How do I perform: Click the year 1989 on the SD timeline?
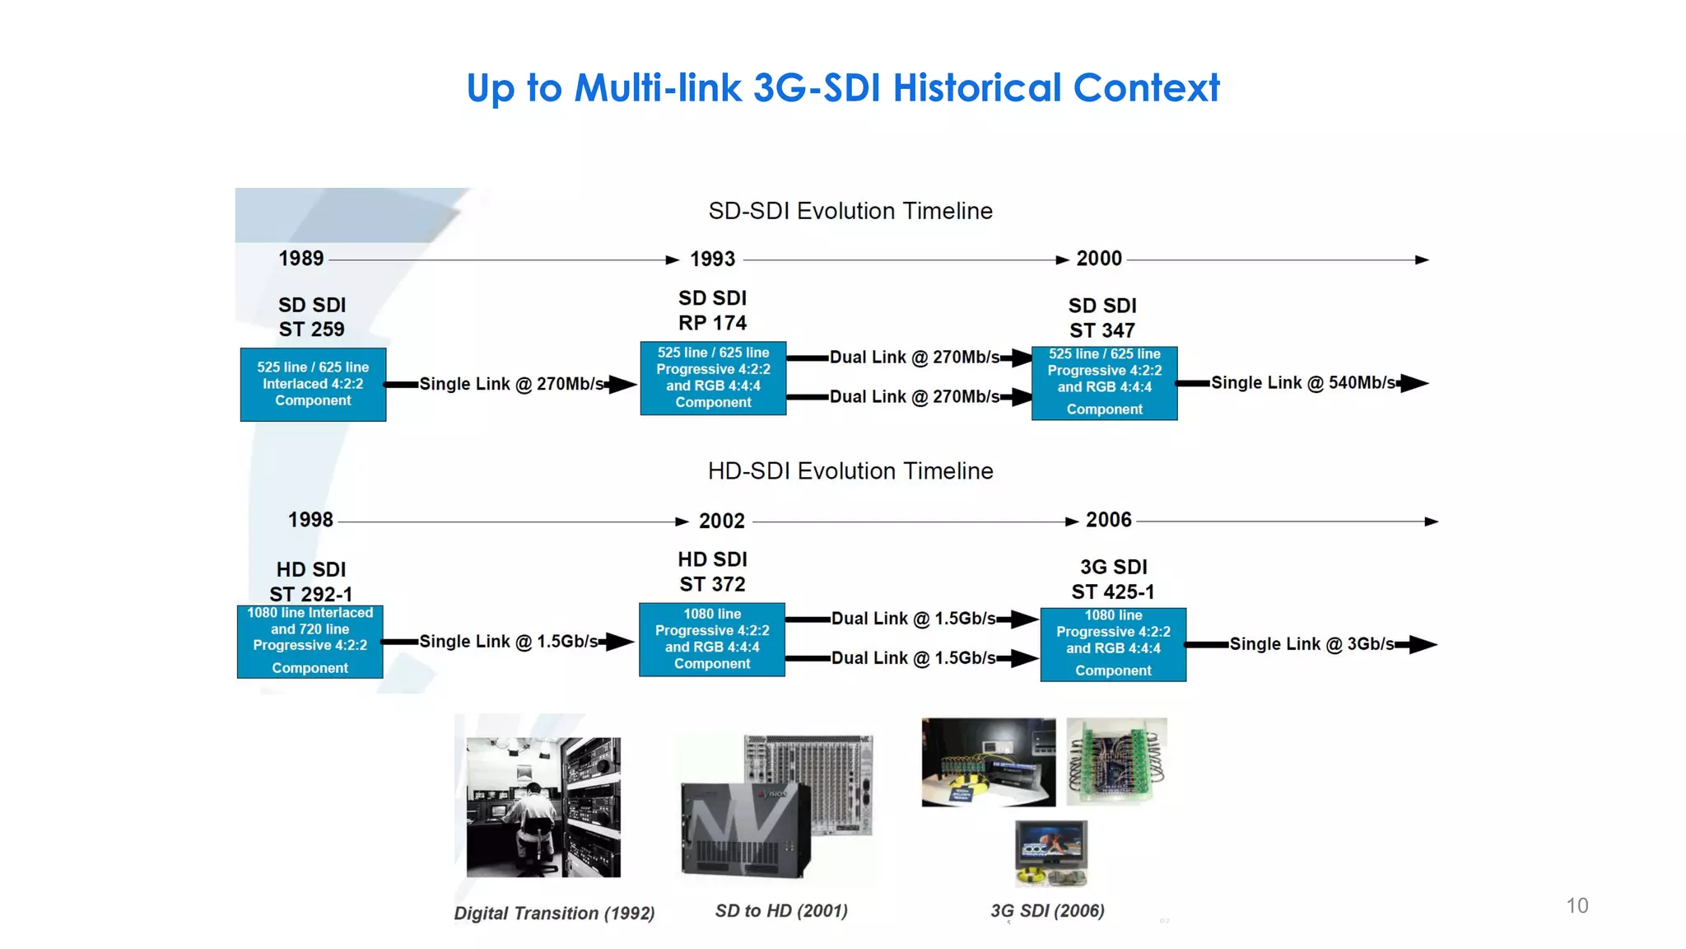click(301, 259)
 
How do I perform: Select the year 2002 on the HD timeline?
click(721, 521)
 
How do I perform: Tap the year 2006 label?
click(1108, 520)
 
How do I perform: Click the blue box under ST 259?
click(313, 384)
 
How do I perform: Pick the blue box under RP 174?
click(713, 377)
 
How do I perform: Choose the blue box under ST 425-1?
click(1113, 644)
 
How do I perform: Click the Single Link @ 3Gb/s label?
click(1311, 644)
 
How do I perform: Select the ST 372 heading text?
click(712, 584)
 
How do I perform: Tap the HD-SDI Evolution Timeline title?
click(850, 471)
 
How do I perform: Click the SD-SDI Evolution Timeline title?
click(850, 211)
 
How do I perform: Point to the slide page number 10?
click(1577, 905)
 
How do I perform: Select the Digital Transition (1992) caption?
click(554, 913)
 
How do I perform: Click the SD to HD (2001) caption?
click(781, 910)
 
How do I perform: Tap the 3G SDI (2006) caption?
click(1047, 910)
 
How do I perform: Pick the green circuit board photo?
click(1116, 760)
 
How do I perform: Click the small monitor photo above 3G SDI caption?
click(1050, 852)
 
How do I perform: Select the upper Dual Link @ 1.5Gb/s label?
click(913, 619)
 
